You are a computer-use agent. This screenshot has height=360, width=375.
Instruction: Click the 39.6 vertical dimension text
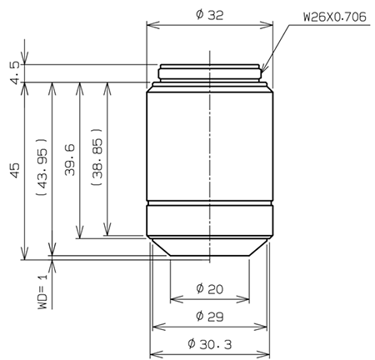tap(70, 159)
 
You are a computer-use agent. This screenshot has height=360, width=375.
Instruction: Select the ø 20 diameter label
tap(209, 288)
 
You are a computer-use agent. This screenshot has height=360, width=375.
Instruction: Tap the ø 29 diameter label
tap(209, 316)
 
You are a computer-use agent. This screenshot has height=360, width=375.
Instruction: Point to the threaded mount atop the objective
tap(209, 73)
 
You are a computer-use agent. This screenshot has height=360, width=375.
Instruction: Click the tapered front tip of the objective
tap(209, 247)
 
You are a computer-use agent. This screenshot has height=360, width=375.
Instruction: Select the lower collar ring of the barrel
tap(209, 221)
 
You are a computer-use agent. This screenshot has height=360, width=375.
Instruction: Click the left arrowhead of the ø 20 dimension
tap(172, 297)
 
